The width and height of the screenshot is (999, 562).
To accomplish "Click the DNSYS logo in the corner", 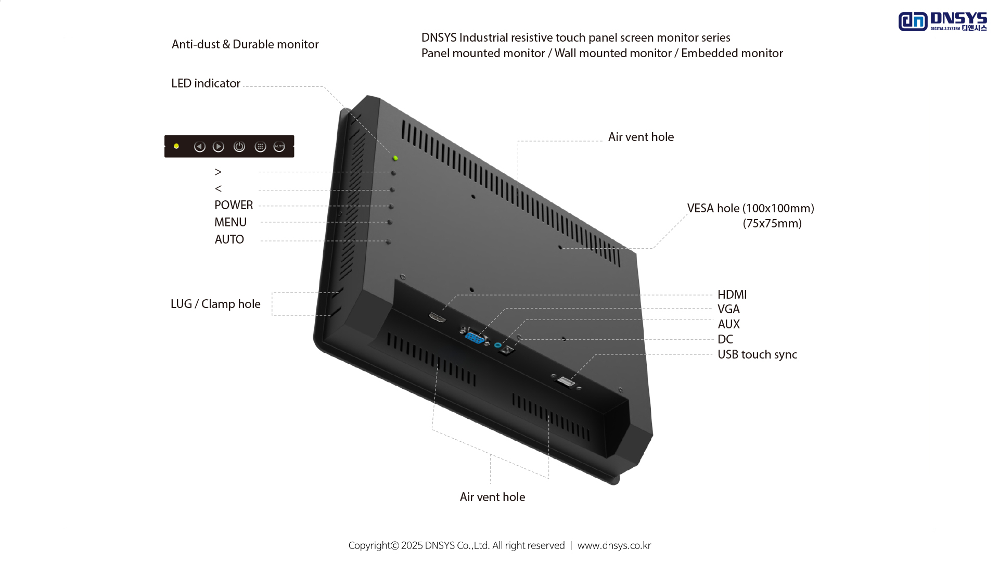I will pos(942,21).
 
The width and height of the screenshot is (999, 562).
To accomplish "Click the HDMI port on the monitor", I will pos(437,317).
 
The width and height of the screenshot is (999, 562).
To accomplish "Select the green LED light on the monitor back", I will pos(395,158).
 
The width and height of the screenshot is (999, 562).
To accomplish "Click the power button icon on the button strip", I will pos(239,147).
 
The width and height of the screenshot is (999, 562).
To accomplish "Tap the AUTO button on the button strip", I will pos(279,147).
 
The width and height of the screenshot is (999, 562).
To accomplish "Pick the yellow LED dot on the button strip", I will pos(176,146).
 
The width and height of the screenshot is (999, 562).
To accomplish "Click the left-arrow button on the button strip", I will pos(199,147).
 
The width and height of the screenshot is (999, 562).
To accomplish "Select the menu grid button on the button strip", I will pos(260,147).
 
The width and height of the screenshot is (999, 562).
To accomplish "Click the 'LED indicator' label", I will pos(206,83).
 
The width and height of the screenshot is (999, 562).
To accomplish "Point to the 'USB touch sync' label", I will pos(757,354).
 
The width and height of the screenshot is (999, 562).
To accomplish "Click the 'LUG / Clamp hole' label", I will pos(215,304).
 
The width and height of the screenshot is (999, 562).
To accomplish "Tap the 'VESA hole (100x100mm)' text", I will pos(750,208).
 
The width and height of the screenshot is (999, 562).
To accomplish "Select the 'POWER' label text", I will pos(234,205).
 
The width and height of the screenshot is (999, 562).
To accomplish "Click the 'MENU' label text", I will pos(230,222).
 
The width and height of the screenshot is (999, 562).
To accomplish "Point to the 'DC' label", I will pos(725,339).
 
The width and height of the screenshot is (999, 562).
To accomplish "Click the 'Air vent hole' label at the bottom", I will pos(492,497).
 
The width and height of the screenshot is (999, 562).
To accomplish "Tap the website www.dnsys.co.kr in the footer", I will pos(614,545).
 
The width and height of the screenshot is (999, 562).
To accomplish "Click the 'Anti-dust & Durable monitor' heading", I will pos(245,44).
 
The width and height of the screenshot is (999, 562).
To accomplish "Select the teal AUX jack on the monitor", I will pos(498,345).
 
